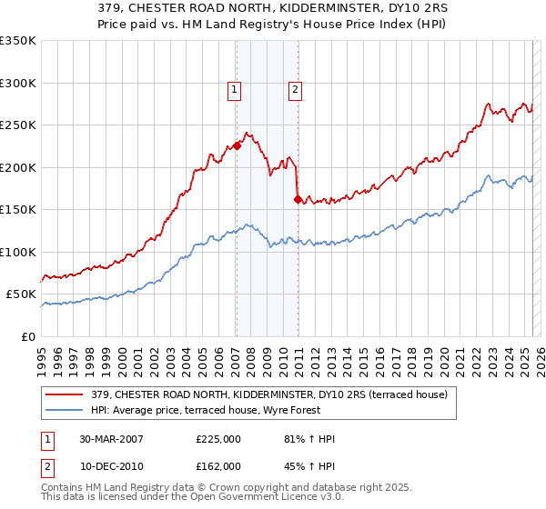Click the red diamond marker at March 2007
tap(237, 145)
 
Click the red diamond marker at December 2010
tap(298, 198)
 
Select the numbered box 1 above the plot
tap(235, 89)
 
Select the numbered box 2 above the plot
tap(297, 89)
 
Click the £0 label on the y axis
tap(27, 336)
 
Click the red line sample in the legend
tap(65, 395)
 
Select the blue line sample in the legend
tap(65, 410)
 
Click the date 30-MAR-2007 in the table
tap(112, 439)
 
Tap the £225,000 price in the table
tap(218, 439)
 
